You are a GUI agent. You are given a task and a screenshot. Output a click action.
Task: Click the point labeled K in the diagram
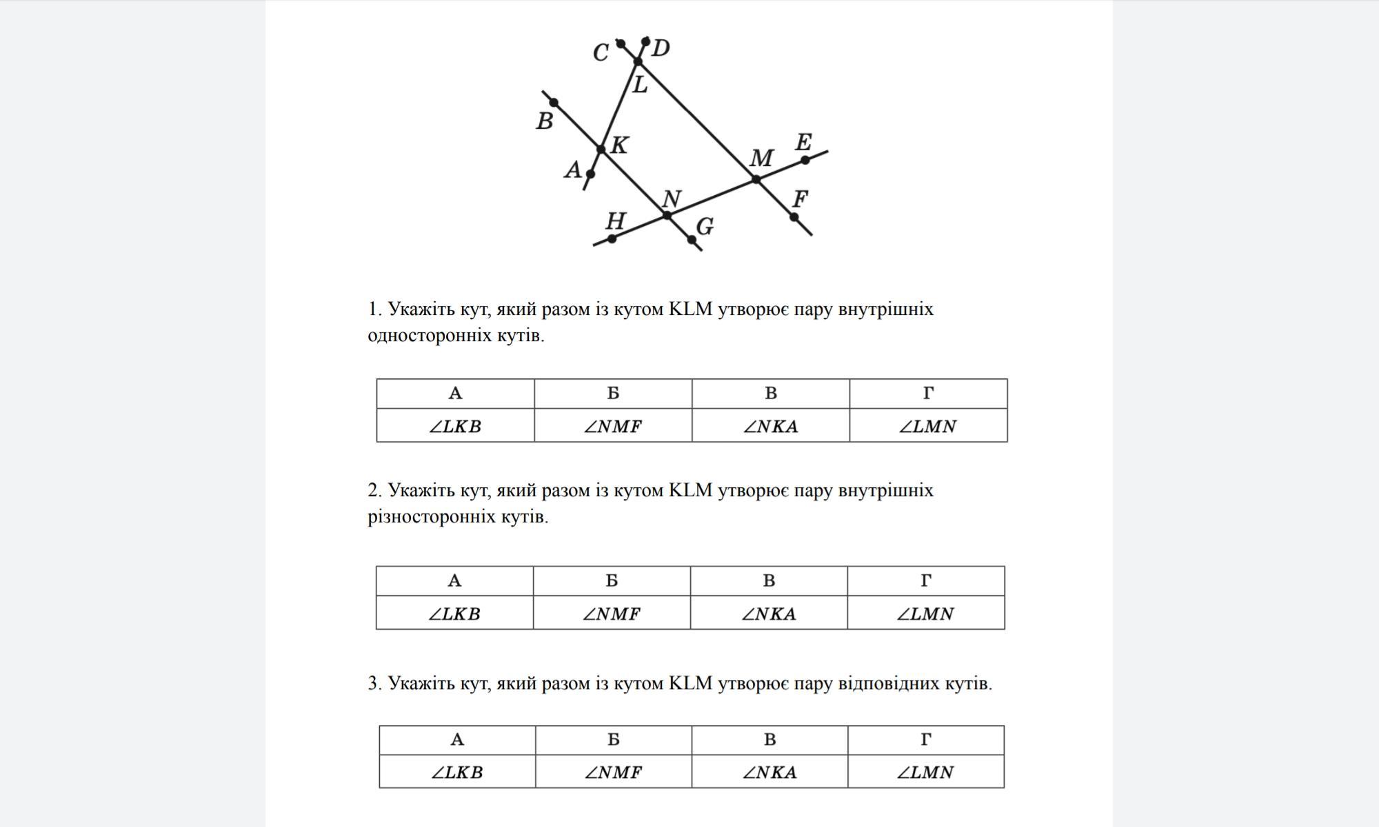tap(601, 149)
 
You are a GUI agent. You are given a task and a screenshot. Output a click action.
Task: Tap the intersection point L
tap(638, 62)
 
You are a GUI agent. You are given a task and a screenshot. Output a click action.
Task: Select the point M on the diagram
tap(756, 179)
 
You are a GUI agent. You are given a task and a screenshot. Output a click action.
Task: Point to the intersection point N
tap(667, 216)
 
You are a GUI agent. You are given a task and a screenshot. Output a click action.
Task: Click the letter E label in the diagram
tap(803, 143)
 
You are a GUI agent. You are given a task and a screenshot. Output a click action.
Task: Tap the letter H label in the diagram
tap(615, 221)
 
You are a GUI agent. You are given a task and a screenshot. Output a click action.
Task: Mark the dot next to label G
tap(692, 240)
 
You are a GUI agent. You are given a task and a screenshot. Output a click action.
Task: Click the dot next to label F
tap(794, 217)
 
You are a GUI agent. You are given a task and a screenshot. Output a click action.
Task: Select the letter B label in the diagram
tap(545, 121)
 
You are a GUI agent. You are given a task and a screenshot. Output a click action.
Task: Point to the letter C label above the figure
tap(601, 52)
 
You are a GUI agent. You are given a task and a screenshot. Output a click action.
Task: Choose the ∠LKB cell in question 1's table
tap(455, 426)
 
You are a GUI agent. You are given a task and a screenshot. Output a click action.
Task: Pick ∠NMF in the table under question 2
tap(612, 613)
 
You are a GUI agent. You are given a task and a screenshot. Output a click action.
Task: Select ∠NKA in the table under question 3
tap(769, 772)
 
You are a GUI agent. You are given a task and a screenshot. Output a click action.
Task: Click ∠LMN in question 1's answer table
tap(928, 426)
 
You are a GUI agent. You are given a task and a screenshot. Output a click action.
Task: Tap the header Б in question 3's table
tap(613, 739)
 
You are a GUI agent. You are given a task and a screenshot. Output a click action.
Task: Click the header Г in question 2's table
tap(926, 581)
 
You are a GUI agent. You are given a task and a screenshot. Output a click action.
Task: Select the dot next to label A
tap(590, 174)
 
